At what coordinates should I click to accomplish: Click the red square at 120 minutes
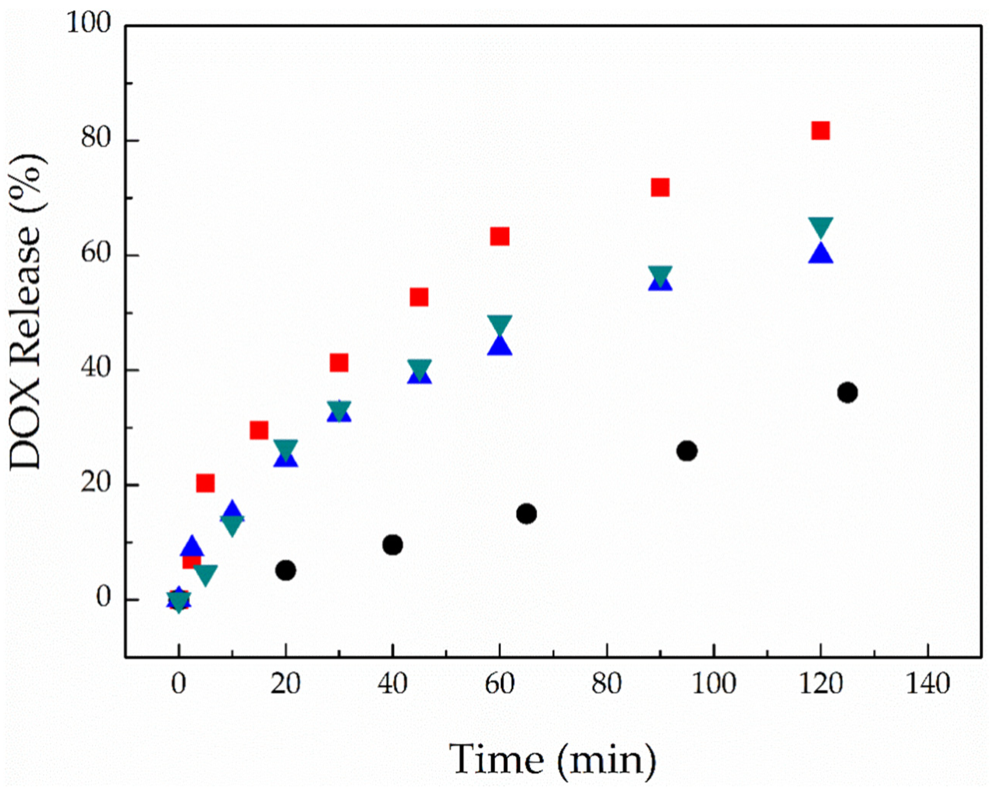[820, 131]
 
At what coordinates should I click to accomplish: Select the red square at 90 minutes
[660, 187]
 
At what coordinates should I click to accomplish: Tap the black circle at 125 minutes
[848, 393]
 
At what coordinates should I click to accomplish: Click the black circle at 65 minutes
[526, 513]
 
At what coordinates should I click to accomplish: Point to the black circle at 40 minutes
[392, 545]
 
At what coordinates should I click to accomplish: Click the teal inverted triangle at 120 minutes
[820, 226]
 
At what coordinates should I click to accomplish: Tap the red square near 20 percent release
[205, 484]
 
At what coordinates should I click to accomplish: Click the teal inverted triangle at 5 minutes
[205, 574]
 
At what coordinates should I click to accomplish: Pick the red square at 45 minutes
[419, 298]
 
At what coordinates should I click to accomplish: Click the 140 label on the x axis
[928, 684]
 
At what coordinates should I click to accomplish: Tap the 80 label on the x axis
[606, 684]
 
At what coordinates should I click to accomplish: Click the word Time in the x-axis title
[496, 759]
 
